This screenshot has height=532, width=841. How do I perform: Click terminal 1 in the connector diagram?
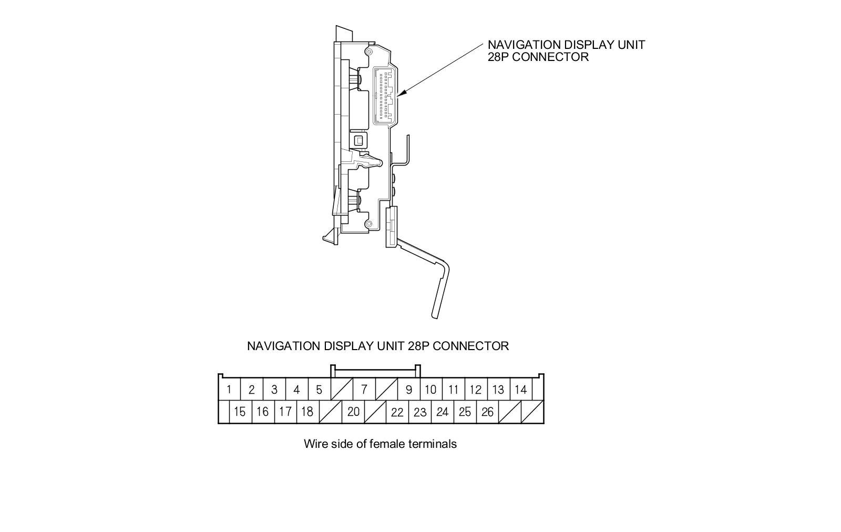229,390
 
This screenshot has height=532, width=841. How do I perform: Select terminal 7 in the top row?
364,390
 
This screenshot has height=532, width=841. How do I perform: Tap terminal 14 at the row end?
520,390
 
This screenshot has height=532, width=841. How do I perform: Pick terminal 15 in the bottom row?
240,412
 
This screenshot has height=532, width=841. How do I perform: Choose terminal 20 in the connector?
353,412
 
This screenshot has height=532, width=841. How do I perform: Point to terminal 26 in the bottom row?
487,412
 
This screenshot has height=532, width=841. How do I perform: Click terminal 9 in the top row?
409,390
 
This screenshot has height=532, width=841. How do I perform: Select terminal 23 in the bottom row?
420,412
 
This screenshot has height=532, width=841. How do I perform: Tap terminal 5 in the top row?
319,390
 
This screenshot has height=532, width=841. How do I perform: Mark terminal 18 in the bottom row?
307,412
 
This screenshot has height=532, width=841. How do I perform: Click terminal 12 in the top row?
476,390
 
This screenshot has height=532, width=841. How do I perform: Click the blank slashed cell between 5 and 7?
342,390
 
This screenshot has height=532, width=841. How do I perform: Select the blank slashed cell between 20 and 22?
375,412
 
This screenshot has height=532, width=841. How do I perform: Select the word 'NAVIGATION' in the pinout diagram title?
283,346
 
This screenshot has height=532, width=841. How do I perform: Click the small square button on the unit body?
359,141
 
